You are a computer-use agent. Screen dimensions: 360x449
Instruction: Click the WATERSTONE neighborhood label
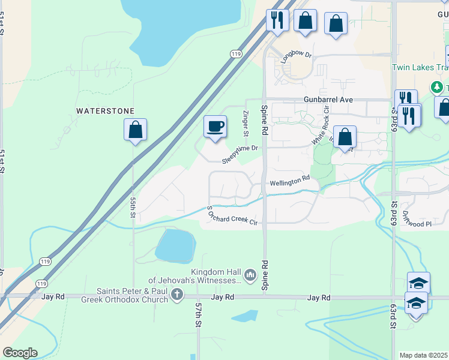click(x=105, y=111)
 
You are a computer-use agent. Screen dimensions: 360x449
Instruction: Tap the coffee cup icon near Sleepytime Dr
click(x=215, y=127)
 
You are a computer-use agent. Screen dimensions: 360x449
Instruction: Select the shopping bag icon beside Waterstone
click(x=136, y=130)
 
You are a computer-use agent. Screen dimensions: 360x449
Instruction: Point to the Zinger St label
click(x=245, y=122)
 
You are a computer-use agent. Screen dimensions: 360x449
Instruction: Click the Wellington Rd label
click(x=289, y=181)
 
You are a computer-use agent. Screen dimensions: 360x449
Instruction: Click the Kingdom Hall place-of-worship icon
click(x=250, y=275)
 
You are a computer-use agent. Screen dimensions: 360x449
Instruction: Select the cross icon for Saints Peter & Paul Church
click(x=176, y=294)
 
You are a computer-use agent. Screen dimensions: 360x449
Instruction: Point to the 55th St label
click(x=133, y=205)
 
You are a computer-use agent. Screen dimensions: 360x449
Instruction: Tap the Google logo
click(x=20, y=353)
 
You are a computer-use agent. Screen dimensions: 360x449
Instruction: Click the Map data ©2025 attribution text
click(x=424, y=355)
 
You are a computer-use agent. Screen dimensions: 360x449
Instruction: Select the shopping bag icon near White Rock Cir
click(x=345, y=137)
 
